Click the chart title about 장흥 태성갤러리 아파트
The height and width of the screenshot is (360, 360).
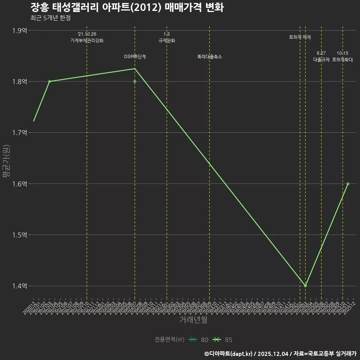[x=127, y=7]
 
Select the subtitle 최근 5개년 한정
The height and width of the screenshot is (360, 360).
[x=50, y=18]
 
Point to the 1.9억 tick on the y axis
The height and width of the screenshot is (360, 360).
[x=19, y=31]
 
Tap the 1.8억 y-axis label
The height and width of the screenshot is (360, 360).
[x=19, y=82]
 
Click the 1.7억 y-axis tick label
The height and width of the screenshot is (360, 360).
[x=19, y=133]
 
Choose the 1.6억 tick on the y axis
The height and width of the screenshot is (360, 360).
[x=19, y=184]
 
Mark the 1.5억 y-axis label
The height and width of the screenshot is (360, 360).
[x=19, y=235]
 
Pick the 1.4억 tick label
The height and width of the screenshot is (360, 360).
[x=19, y=286]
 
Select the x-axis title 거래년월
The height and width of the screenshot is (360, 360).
[x=193, y=320]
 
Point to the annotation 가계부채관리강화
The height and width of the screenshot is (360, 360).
[x=87, y=40]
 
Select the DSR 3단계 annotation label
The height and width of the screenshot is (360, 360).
[x=135, y=57]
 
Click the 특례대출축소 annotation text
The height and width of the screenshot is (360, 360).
[x=210, y=57]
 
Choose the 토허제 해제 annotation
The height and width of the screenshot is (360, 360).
[x=300, y=37]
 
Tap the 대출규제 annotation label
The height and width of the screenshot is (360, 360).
[x=321, y=60]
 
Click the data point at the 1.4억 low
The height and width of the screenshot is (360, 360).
[x=305, y=286]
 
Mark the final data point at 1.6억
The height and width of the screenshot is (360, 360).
[x=348, y=184]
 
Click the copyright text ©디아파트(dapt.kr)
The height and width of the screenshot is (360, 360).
[x=229, y=353]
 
